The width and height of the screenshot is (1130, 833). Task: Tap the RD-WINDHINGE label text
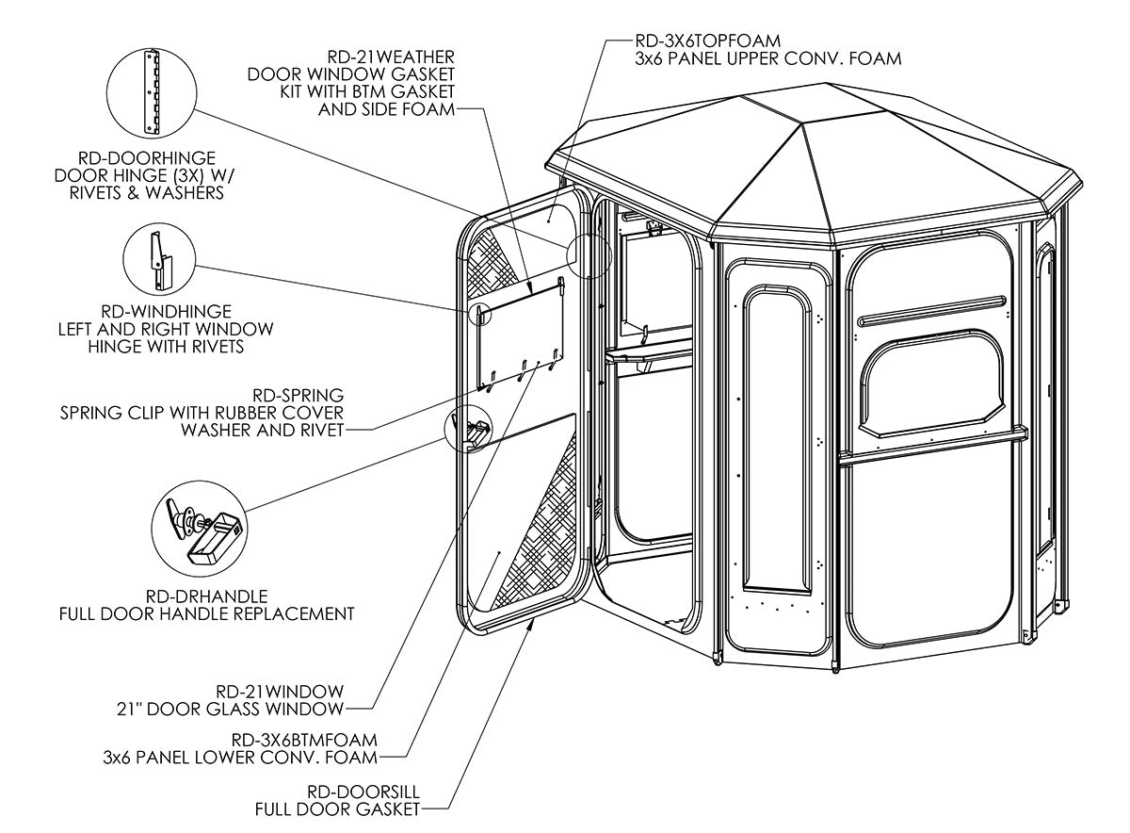165,311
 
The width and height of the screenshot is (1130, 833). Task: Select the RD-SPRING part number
299,395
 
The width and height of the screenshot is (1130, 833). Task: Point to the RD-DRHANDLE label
207,596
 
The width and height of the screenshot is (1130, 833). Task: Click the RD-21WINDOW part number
280,690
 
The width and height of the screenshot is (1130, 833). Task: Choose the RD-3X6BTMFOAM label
297,740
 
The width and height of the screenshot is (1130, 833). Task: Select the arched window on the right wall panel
932,386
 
